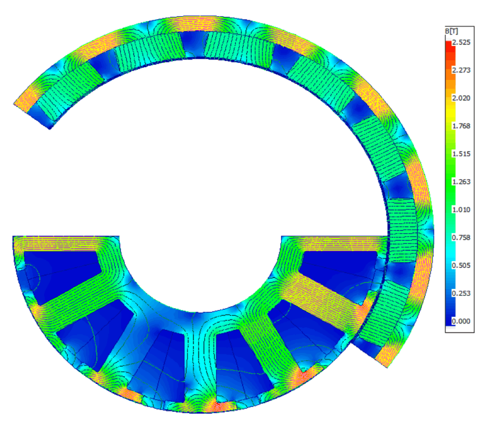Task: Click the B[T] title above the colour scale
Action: coord(452,31)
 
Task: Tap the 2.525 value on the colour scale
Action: coord(461,42)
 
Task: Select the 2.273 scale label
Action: coord(461,70)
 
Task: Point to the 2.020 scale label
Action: coord(461,98)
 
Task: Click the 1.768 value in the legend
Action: coord(461,126)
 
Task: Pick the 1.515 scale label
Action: coord(461,154)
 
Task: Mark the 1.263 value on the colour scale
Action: coord(461,182)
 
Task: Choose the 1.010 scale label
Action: coord(461,210)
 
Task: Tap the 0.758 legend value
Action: coord(461,237)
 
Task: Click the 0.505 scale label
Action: coord(461,266)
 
